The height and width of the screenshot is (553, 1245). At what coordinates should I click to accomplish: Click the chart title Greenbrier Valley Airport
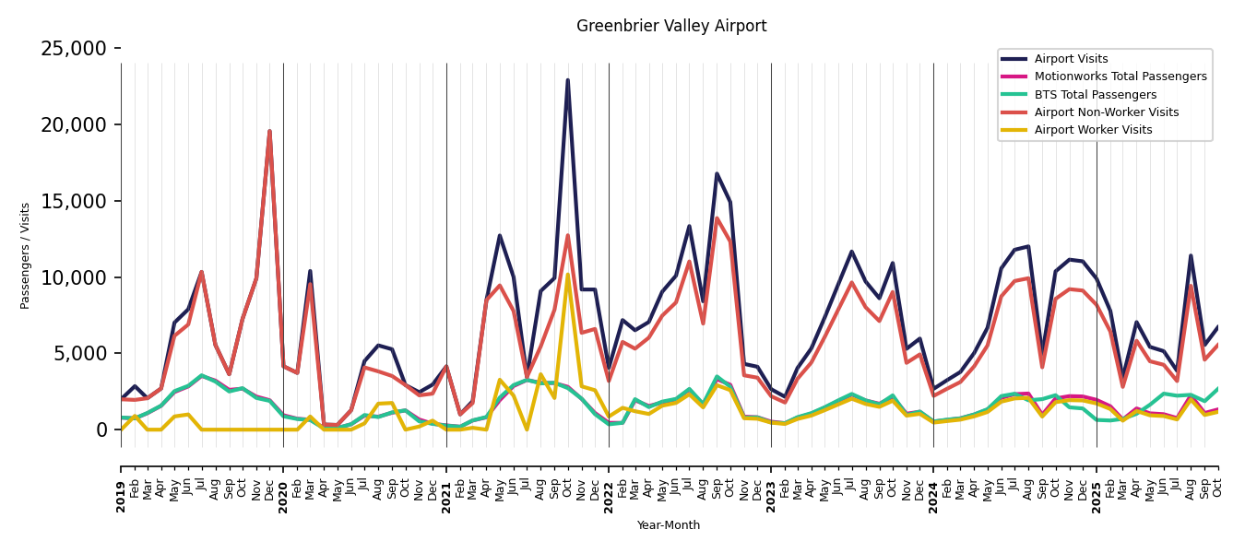tap(671, 27)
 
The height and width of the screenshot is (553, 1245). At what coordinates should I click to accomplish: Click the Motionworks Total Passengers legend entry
tap(1120, 76)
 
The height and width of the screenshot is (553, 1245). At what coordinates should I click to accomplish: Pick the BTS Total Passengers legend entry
tap(1095, 95)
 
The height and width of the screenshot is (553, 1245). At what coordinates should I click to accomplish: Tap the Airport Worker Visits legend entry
tap(1093, 130)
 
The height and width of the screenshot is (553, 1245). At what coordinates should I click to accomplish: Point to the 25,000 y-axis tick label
tap(74, 49)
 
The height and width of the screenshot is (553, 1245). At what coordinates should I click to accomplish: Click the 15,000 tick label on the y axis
tap(74, 201)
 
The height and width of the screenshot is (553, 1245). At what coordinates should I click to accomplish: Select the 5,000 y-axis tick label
tap(79, 354)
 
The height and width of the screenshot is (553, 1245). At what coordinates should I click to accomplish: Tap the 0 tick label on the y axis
tap(101, 430)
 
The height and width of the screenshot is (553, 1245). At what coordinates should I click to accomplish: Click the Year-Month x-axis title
tap(669, 525)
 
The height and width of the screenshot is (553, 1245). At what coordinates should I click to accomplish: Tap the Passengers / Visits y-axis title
tap(26, 255)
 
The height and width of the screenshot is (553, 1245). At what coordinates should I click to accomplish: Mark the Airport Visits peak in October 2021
tap(567, 80)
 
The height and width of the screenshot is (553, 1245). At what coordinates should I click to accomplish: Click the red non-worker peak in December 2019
tap(269, 131)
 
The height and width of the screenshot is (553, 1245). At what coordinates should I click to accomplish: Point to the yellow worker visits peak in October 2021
tap(567, 274)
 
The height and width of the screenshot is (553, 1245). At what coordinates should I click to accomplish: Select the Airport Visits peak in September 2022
tap(717, 173)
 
